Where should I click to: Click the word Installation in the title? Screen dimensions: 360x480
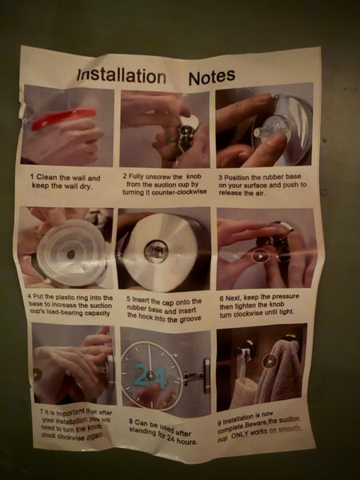[x=122, y=76]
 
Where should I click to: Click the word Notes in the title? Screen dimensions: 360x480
[x=212, y=77]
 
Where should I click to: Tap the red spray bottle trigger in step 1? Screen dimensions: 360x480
[x=63, y=118]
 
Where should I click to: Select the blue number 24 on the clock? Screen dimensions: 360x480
[x=150, y=376]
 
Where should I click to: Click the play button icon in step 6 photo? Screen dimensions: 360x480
[x=260, y=256]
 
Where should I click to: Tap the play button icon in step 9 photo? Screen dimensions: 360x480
[x=270, y=362]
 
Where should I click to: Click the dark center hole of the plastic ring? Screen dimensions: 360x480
[x=71, y=254]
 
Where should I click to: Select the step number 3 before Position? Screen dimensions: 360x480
[x=220, y=178]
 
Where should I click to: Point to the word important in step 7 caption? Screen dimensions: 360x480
[x=70, y=413]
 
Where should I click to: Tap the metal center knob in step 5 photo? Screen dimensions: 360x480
[x=156, y=252]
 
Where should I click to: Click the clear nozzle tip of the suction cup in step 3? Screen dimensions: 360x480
[x=258, y=133]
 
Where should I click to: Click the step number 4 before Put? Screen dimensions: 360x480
[x=30, y=297]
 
